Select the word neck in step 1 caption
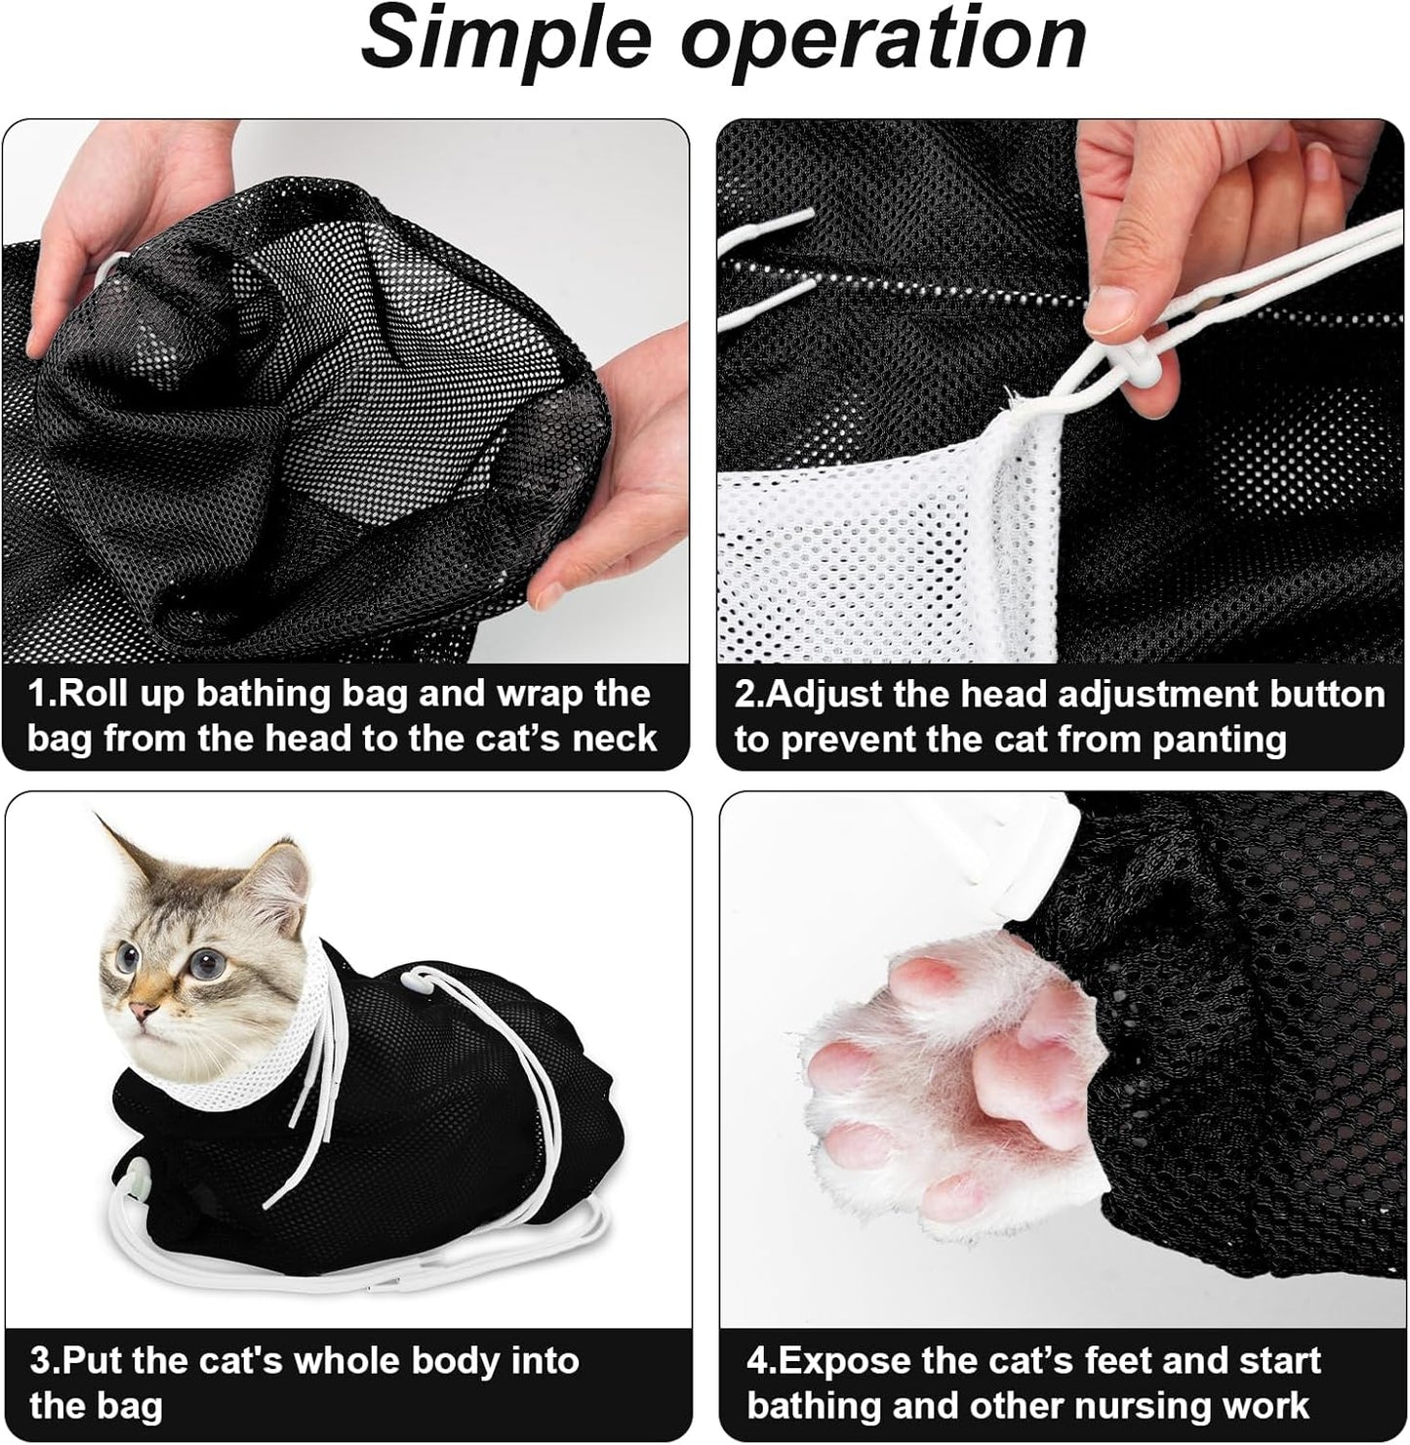(x=613, y=738)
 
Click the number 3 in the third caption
(x=41, y=1360)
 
